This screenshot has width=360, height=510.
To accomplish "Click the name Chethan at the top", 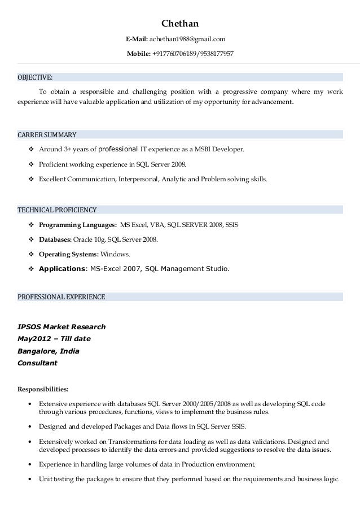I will point(180,24).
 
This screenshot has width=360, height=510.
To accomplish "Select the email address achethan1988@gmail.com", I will point(187,39).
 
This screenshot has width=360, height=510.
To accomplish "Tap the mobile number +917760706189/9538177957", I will point(192,54).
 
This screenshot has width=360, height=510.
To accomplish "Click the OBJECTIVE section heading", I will point(36,77).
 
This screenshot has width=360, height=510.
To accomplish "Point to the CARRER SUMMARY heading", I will point(47,135).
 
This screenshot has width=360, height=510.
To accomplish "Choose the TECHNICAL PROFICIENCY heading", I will point(57,210).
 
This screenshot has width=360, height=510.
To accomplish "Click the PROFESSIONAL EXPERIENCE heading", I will point(62,297).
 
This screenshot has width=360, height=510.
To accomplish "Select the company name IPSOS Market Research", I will point(62,327).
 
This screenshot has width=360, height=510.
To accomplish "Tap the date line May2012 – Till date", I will point(54,339).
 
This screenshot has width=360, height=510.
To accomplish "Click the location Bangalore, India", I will point(49,351).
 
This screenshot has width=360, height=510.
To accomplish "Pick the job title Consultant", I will point(37,363).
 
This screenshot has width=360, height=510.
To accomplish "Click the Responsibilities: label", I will point(43,389).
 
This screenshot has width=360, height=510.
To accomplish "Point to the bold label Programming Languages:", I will point(78,225).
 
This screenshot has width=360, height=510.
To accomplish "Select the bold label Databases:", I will point(55,239).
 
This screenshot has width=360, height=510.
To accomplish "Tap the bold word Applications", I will point(62,269).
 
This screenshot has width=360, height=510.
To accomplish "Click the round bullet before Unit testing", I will point(29,479).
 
